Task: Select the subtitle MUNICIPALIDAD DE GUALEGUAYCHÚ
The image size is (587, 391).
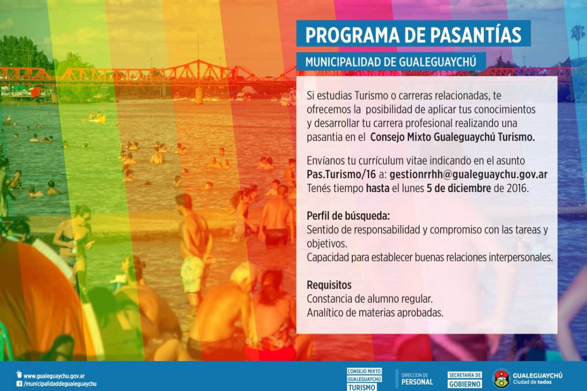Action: pos(391,62)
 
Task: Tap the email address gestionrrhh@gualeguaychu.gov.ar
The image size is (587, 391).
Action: pos(469,174)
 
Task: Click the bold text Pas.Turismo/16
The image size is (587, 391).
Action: pos(341,174)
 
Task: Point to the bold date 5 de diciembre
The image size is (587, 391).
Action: pos(459,188)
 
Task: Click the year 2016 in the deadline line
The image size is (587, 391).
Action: pos(518,188)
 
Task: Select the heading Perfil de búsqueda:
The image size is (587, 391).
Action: pos(348,216)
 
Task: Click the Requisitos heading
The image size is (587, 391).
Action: pos(329,285)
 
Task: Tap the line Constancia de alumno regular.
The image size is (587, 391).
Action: pos(369,299)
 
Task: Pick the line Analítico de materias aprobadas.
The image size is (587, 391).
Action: pos(375,312)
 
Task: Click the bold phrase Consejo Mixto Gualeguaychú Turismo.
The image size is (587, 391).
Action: pos(452,137)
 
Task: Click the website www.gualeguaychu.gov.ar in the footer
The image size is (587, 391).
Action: pos(54,376)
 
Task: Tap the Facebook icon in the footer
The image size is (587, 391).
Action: pos(19,384)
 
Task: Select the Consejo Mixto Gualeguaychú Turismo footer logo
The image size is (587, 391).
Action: pos(364,379)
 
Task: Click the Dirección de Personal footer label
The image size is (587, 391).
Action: pos(417,379)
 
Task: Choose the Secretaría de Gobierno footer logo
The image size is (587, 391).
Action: pos(465,380)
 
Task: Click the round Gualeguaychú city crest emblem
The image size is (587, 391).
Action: pos(501,379)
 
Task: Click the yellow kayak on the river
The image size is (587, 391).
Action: pos(97,119)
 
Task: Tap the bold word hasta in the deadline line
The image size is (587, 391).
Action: pos(378,188)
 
